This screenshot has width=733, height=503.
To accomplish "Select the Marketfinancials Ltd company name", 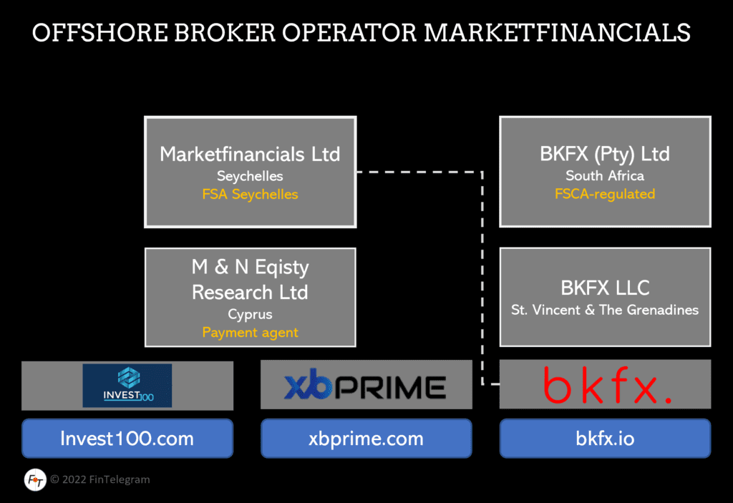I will pyautogui.click(x=250, y=154).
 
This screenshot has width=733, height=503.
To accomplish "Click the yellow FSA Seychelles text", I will pyautogui.click(x=250, y=195).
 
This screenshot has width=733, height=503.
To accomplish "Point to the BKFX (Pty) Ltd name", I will pyautogui.click(x=605, y=154).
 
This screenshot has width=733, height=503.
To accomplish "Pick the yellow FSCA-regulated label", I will pyautogui.click(x=605, y=194).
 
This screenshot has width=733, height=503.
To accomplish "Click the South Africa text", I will pyautogui.click(x=605, y=175).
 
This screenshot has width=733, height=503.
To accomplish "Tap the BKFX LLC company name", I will pyautogui.click(x=605, y=288).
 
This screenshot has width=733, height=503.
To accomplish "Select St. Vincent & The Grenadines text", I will pyautogui.click(x=605, y=310).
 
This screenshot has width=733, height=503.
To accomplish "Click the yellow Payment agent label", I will pyautogui.click(x=250, y=332).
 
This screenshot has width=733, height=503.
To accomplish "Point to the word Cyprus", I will pyautogui.click(x=250, y=314).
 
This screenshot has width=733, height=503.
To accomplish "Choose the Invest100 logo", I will pyautogui.click(x=127, y=386).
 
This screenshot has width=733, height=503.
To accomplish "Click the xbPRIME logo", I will pyautogui.click(x=366, y=386).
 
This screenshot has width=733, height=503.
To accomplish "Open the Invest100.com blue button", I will pyautogui.click(x=127, y=439).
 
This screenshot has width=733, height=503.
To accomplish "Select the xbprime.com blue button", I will pyautogui.click(x=366, y=439).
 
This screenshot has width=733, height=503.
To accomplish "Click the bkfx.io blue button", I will pyautogui.click(x=605, y=439).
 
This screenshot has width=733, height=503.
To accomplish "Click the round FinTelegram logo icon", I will pyautogui.click(x=34, y=479).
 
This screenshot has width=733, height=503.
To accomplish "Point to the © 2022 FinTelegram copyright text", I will pyautogui.click(x=100, y=479).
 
